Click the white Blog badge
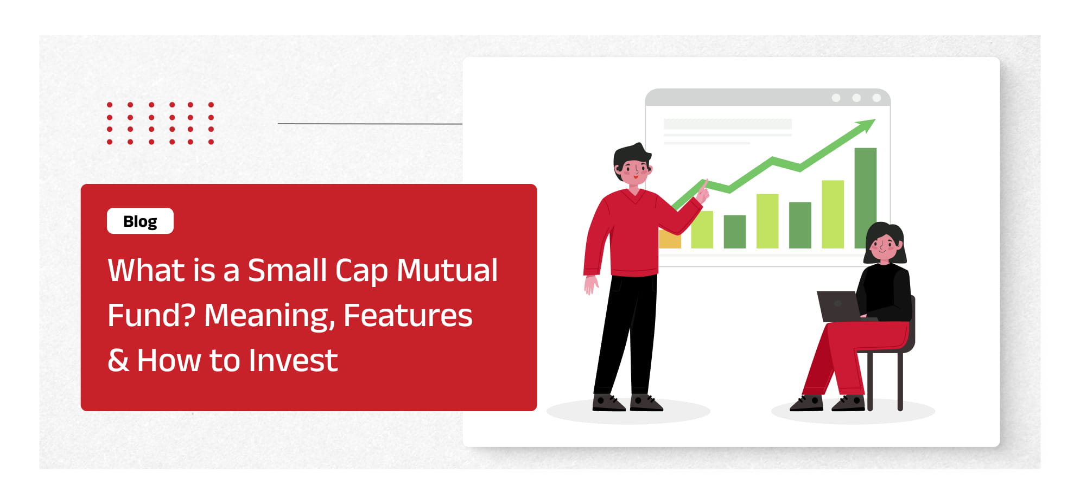[140, 221]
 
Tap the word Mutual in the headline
[447, 270]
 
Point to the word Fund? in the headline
[151, 315]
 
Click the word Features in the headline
[408, 315]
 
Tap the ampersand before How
[118, 360]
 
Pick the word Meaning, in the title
[270, 316]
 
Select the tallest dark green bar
[865, 198]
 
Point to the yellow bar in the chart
[670, 239]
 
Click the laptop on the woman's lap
[839, 307]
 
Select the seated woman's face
[884, 247]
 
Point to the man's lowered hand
[590, 284]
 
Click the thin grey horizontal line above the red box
[370, 124]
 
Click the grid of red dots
[160, 123]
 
